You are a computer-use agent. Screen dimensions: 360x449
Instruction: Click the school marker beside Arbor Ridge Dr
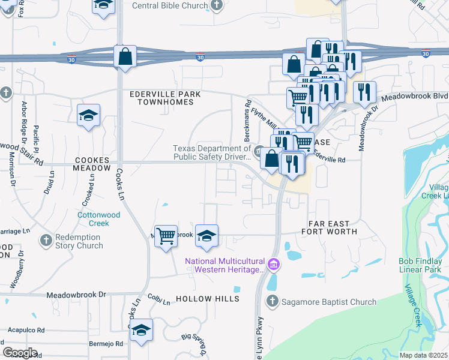[88, 115]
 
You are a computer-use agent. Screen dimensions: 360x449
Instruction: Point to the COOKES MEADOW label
[92, 164]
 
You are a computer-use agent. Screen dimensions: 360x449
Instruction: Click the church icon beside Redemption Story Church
[46, 241]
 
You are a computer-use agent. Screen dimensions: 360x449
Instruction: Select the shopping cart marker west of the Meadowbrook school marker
[165, 236]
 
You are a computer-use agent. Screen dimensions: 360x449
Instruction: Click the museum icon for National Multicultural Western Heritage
[273, 264]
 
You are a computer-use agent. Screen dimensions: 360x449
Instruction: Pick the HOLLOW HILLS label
[208, 299]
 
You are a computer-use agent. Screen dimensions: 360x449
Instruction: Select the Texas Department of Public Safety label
[211, 152]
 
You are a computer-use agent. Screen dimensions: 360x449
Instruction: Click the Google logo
[20, 352]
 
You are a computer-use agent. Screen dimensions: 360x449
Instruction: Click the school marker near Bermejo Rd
[141, 330]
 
